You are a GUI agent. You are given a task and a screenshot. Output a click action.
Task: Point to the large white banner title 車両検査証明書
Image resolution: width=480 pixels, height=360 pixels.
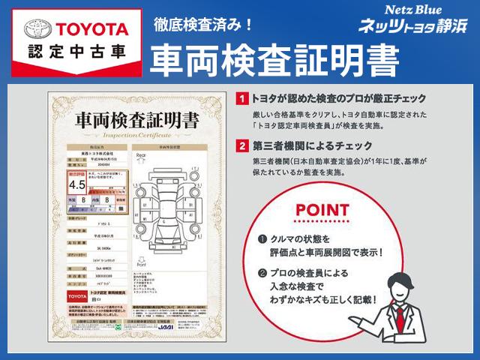(274, 60)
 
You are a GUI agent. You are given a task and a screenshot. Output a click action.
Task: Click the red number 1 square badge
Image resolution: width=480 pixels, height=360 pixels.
(240, 98)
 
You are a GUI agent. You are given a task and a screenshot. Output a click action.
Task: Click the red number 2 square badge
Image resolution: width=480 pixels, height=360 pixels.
(240, 145)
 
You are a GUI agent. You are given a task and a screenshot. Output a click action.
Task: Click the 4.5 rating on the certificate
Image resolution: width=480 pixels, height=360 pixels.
(77, 184)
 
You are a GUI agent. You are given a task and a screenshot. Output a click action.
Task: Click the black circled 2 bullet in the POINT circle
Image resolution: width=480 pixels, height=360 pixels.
(262, 273)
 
